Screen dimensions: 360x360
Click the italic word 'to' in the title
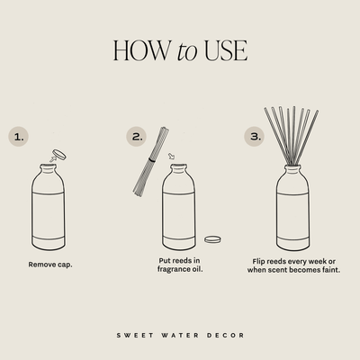186,51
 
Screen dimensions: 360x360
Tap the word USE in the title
223,50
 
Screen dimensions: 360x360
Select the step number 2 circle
137,137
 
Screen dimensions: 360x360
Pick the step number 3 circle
253,137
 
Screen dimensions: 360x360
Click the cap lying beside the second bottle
213,239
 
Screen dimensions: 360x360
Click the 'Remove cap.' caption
50,265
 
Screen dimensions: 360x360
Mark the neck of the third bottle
295,170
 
